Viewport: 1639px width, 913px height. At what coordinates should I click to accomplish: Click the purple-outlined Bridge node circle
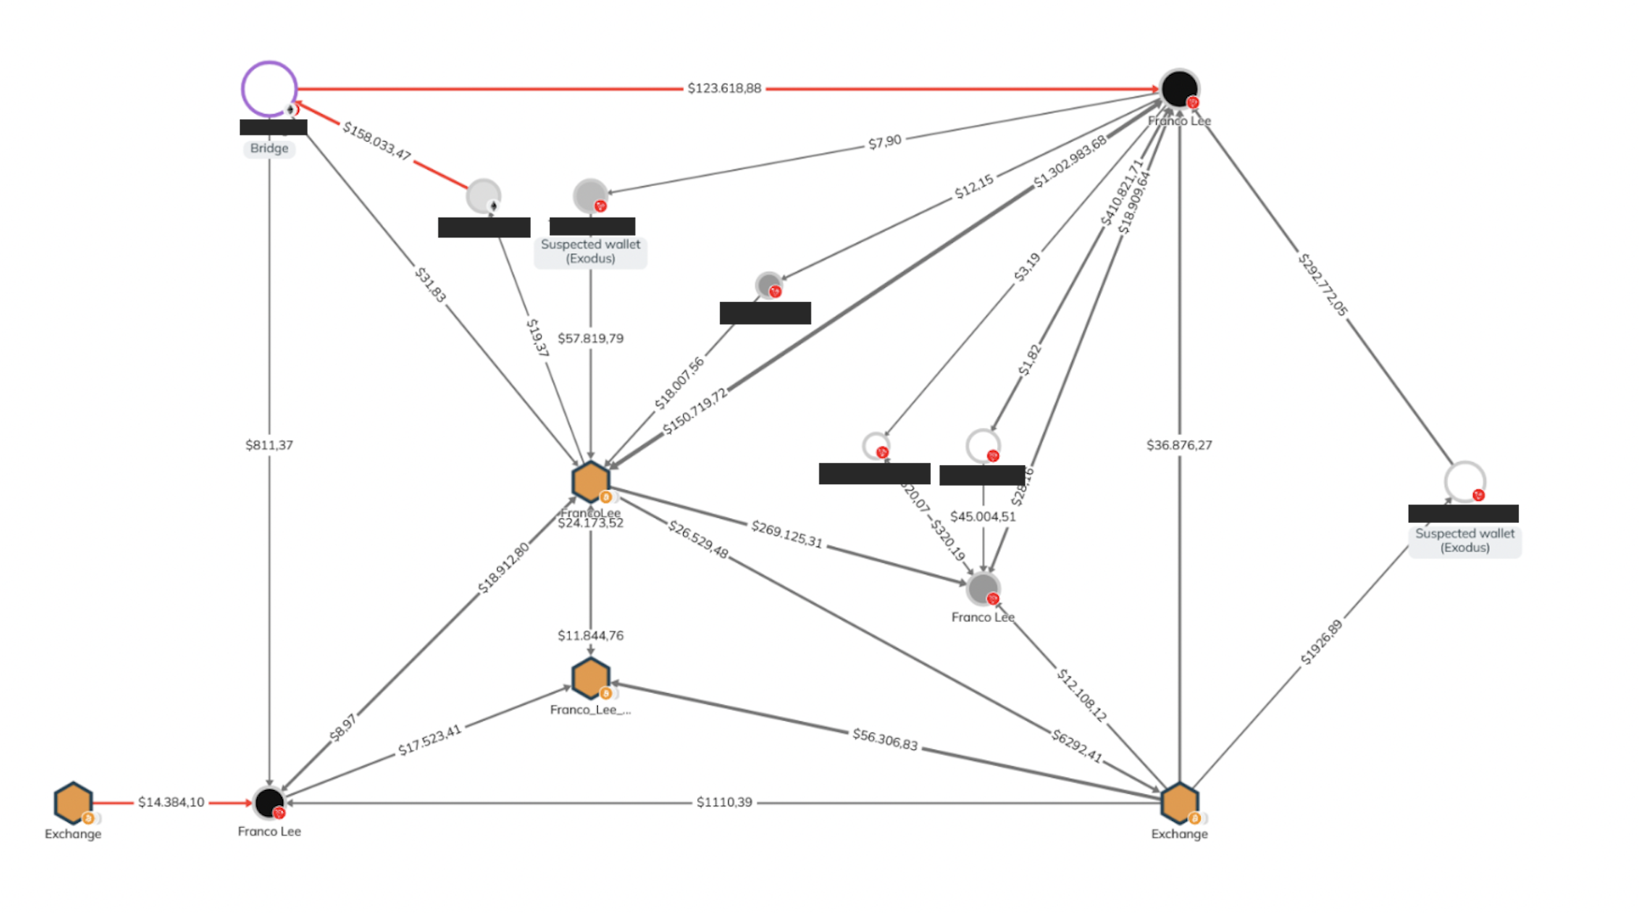pyautogui.click(x=269, y=88)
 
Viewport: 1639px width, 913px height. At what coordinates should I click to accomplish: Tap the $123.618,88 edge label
pyautogui.click(x=724, y=88)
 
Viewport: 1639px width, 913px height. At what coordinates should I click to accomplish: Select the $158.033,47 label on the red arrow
pyautogui.click(x=377, y=141)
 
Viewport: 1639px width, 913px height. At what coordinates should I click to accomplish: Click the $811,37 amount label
pyautogui.click(x=269, y=445)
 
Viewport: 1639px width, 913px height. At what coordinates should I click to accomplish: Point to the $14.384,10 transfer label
pyautogui.click(x=171, y=803)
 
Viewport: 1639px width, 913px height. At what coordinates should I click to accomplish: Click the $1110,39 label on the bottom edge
pyautogui.click(x=724, y=803)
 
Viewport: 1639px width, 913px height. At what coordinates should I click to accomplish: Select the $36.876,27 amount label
pyautogui.click(x=1179, y=445)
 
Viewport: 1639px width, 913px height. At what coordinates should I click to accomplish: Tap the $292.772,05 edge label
pyautogui.click(x=1323, y=285)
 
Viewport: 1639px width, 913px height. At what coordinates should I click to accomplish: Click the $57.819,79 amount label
pyautogui.click(x=591, y=338)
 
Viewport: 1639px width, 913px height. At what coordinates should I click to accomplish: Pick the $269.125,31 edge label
pyautogui.click(x=786, y=535)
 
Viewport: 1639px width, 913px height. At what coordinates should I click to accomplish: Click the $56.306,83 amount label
pyautogui.click(x=885, y=740)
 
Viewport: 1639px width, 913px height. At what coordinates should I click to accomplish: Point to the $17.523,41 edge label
pyautogui.click(x=429, y=740)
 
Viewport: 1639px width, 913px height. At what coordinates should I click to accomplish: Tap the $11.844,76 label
pyautogui.click(x=591, y=635)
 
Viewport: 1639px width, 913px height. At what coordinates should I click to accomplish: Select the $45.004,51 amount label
pyautogui.click(x=983, y=516)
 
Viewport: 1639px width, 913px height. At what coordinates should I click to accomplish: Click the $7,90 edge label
pyautogui.click(x=884, y=142)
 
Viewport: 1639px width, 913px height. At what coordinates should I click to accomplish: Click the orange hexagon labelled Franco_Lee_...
pyautogui.click(x=591, y=678)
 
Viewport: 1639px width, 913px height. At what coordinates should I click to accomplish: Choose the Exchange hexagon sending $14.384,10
pyautogui.click(x=73, y=803)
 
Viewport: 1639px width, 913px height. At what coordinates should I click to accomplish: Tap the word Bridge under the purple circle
pyautogui.click(x=269, y=148)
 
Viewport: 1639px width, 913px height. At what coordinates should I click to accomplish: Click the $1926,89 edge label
pyautogui.click(x=1321, y=643)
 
